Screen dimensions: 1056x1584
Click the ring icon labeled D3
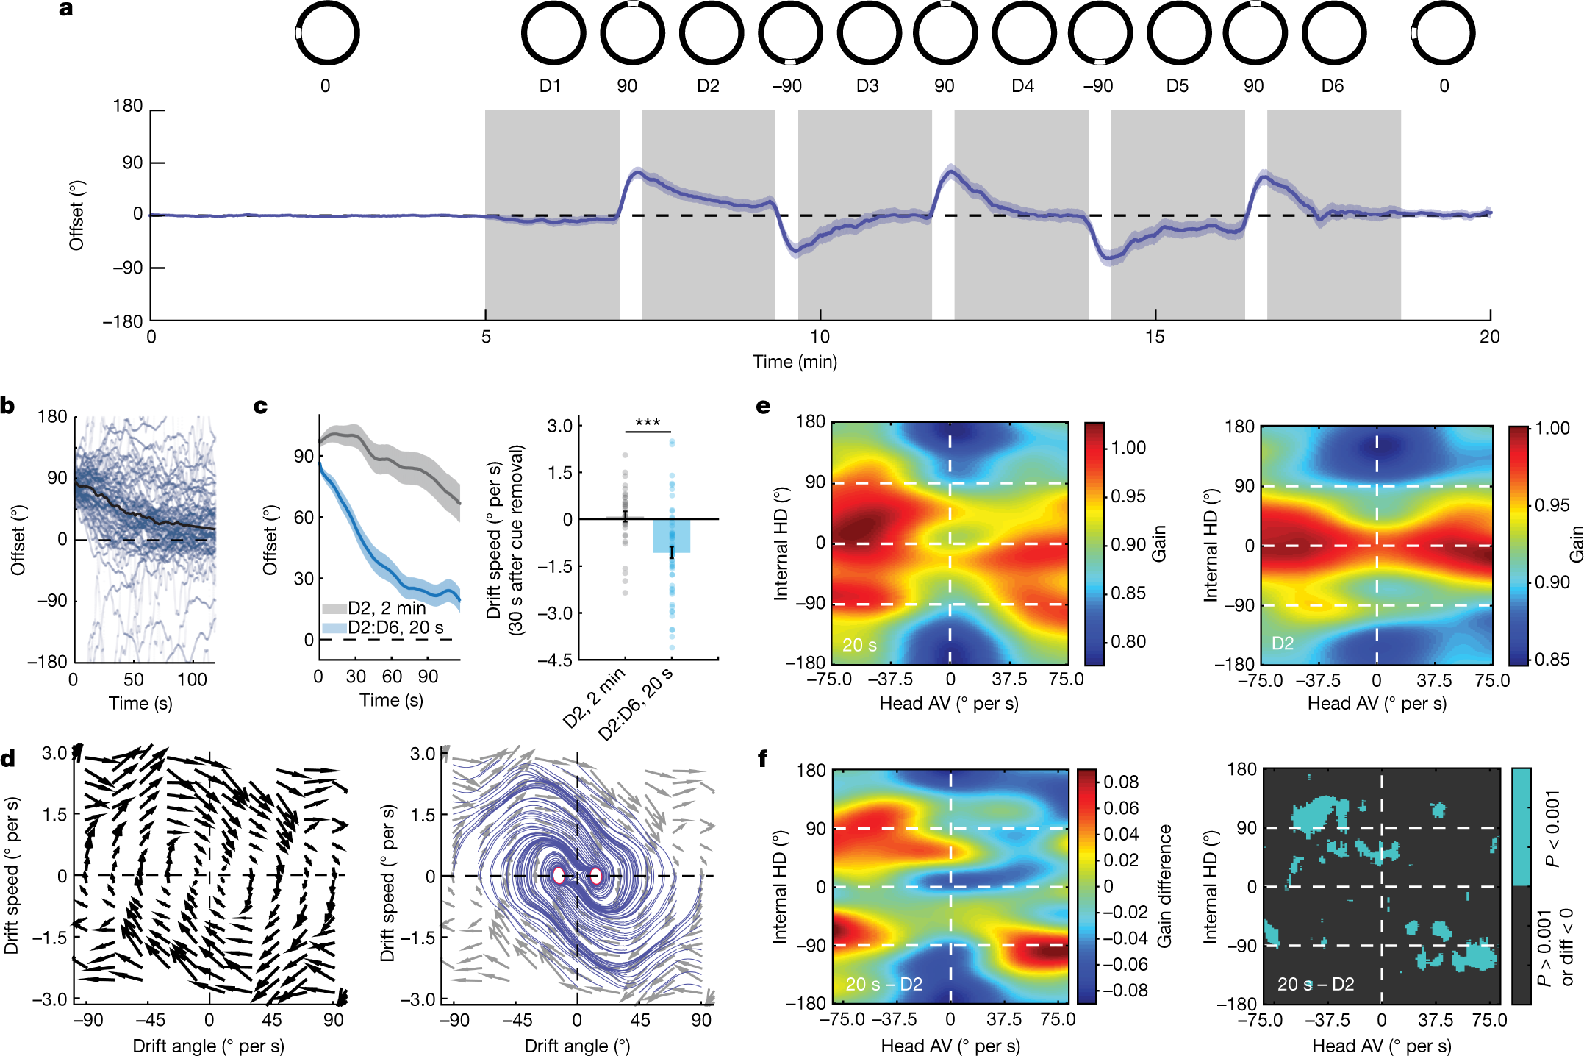870,34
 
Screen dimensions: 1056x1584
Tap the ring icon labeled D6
1334,34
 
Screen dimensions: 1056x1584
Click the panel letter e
764,406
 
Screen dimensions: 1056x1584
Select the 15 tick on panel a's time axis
1155,337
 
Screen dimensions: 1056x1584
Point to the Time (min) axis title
795,362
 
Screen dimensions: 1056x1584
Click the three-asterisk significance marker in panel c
648,422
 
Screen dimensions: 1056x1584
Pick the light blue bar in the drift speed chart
671,535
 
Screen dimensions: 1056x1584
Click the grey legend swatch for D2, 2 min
334,609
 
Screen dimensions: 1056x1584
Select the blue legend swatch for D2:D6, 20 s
334,628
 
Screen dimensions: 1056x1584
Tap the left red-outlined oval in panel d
559,875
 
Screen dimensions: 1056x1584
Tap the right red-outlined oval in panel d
596,875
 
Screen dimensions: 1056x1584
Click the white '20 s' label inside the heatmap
859,645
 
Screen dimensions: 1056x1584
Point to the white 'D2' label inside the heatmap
1282,643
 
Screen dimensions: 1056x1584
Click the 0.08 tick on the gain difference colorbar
1121,782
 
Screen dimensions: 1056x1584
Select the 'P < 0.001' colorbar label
1552,829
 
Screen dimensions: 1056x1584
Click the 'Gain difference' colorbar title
1165,885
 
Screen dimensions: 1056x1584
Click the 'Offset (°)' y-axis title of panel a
76,215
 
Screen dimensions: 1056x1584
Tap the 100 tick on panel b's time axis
192,679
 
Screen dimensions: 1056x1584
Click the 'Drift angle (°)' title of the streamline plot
577,1046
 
